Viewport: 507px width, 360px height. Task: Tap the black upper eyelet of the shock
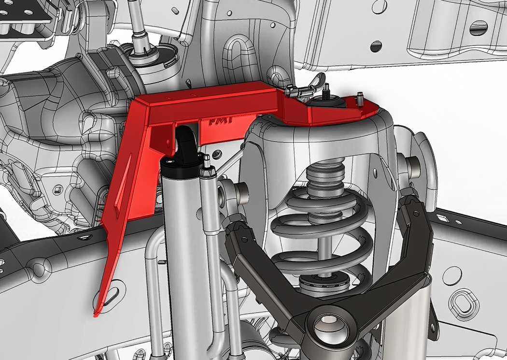click(x=186, y=141)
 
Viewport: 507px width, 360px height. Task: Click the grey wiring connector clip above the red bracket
click(x=297, y=90)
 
